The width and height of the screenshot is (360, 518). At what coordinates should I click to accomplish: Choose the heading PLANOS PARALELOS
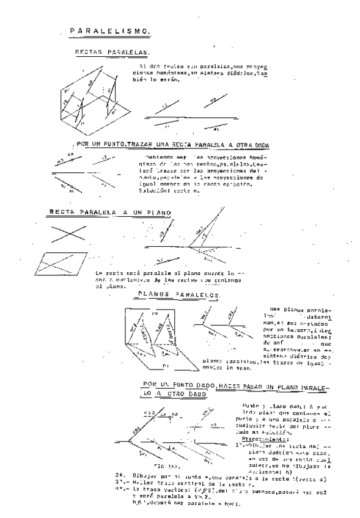[179, 295]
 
